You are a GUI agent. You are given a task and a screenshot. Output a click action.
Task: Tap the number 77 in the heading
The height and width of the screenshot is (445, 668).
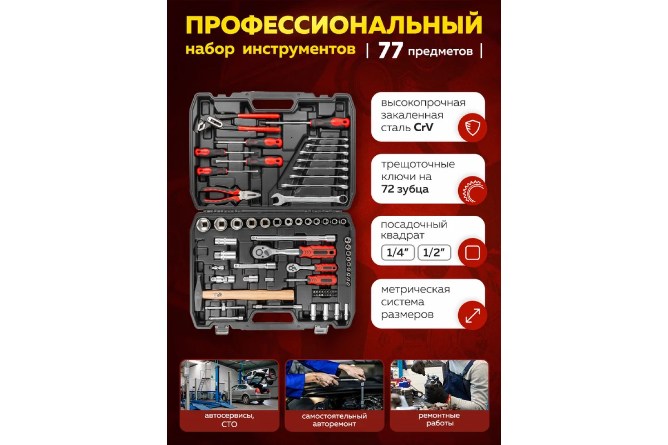tap(391, 50)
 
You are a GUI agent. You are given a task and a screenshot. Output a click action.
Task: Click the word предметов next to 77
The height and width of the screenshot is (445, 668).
tap(440, 52)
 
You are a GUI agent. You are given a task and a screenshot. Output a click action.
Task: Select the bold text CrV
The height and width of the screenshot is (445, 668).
tap(424, 127)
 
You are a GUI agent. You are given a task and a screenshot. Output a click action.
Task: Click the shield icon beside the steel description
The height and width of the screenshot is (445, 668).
tap(472, 128)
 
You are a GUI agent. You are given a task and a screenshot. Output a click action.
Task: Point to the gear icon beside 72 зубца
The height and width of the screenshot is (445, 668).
tap(472, 191)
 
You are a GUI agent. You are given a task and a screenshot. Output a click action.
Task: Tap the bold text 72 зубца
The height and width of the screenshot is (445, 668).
tap(405, 189)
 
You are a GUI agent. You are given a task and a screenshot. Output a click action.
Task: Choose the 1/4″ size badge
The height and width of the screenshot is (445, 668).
tap(398, 252)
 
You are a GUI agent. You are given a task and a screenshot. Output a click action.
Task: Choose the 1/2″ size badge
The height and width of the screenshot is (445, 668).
tap(434, 252)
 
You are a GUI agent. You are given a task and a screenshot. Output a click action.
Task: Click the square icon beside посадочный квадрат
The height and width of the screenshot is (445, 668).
tap(472, 253)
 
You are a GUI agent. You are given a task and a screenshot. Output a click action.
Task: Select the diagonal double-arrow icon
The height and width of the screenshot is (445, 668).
tap(472, 316)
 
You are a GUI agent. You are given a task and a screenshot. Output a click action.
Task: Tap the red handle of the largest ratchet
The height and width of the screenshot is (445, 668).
tap(318, 252)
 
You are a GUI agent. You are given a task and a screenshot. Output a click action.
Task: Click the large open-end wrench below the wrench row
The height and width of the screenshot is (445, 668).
tap(310, 198)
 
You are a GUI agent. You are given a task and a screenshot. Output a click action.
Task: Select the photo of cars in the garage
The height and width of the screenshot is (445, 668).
tap(229, 385)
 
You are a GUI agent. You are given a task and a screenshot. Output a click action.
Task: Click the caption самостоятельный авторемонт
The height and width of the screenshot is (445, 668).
tap(334, 420)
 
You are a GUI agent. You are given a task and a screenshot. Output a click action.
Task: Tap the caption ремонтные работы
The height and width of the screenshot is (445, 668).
tap(440, 419)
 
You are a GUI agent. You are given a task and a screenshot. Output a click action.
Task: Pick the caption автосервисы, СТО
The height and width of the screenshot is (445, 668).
tap(229, 420)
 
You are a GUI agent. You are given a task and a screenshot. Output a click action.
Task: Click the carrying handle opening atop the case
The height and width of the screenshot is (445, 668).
tap(273, 104)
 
